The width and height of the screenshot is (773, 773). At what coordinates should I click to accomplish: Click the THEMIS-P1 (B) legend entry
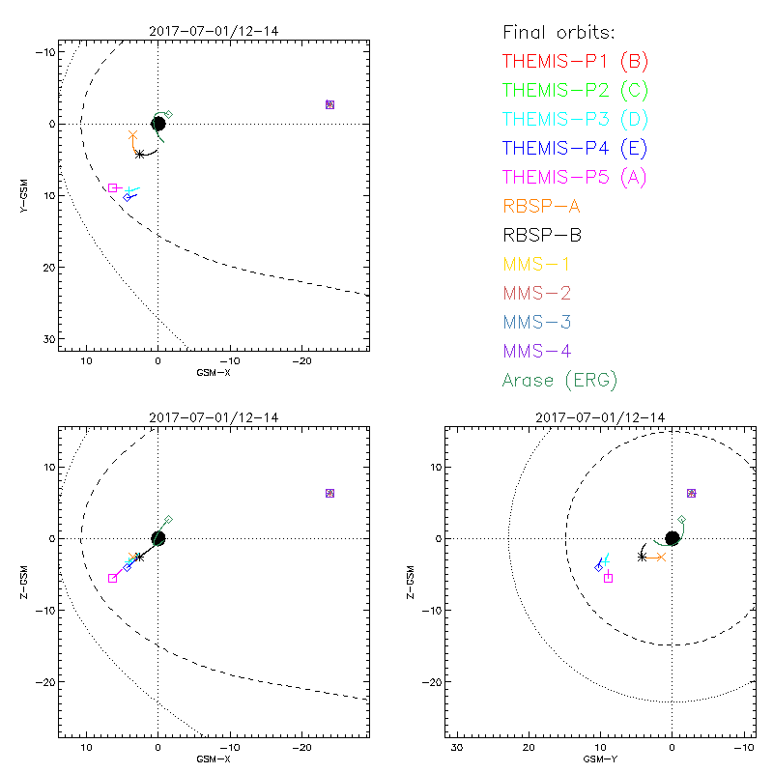[x=576, y=62]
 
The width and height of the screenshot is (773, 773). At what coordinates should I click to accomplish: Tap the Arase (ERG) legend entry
[x=559, y=380]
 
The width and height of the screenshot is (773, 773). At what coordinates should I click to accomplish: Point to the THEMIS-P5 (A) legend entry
[x=576, y=177]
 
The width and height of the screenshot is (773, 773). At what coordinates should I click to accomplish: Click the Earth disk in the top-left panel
[x=158, y=124]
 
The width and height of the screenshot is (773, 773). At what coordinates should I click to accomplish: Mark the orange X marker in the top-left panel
[x=133, y=135]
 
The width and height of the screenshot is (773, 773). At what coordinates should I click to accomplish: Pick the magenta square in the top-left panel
[x=113, y=187]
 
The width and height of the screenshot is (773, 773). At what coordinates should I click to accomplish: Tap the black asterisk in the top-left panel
[x=140, y=154]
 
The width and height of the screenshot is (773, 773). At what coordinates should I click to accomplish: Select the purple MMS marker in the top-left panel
[x=329, y=104]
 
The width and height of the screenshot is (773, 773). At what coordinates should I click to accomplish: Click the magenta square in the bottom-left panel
[x=113, y=578]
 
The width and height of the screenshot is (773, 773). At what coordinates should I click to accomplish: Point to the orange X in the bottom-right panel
[x=661, y=557]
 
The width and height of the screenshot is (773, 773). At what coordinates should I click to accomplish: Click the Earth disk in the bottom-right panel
[x=672, y=538]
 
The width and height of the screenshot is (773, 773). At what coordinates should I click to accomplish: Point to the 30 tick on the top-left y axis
[x=48, y=339]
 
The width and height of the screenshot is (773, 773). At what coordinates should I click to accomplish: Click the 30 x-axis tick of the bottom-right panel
[x=458, y=747]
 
